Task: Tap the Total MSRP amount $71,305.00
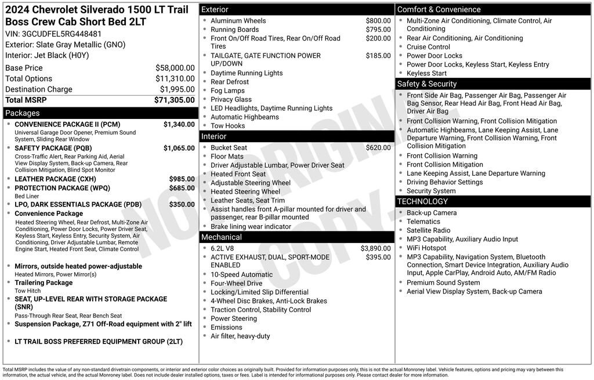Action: (x=174, y=100)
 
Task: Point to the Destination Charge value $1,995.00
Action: (x=177, y=89)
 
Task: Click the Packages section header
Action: (x=23, y=113)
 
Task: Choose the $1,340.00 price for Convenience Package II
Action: (x=179, y=124)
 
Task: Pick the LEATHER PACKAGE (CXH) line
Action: (x=55, y=179)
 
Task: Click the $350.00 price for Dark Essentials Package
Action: (x=182, y=204)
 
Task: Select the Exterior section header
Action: (x=215, y=10)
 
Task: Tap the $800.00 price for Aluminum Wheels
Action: (x=378, y=21)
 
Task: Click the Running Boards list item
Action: (x=234, y=30)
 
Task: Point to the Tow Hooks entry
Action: (x=227, y=126)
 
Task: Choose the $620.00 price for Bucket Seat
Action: (x=378, y=148)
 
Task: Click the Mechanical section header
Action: (x=221, y=237)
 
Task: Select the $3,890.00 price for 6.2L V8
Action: (x=375, y=248)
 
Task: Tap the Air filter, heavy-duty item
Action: (x=240, y=336)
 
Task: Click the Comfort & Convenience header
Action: (x=439, y=10)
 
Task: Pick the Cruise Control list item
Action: (x=428, y=47)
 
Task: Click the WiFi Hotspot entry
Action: (x=426, y=248)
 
